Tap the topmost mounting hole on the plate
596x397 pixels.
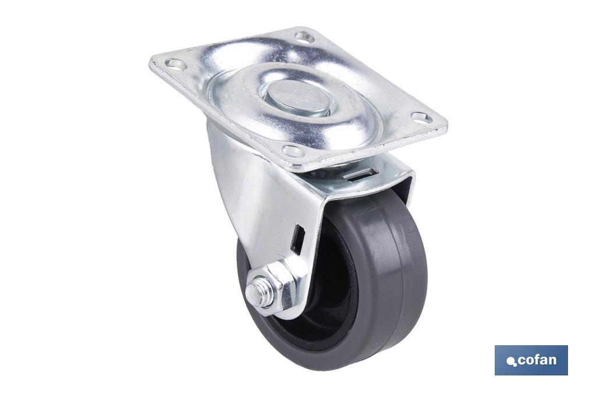(304, 37)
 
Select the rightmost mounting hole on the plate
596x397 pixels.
(421, 118)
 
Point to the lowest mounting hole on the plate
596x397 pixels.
(294, 151)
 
